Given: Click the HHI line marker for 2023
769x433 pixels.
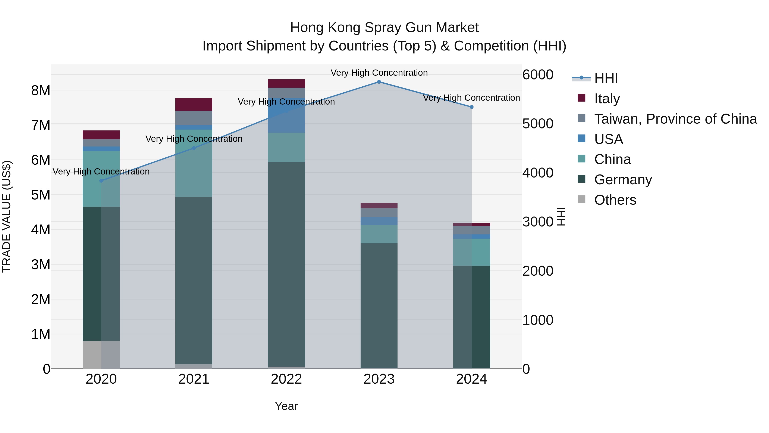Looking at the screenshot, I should point(379,82).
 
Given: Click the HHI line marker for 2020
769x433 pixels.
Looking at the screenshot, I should point(101,181).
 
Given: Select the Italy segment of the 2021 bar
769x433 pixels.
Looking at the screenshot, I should point(194,104).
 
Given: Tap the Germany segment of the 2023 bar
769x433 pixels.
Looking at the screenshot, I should point(379,305).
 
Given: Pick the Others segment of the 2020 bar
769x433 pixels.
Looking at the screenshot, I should point(101,355).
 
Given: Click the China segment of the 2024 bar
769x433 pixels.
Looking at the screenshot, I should point(472,252).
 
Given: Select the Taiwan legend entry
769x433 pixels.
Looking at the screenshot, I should point(675,119).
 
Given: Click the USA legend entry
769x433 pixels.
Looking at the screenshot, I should point(608,139).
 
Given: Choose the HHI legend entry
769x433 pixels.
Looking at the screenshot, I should point(606,78).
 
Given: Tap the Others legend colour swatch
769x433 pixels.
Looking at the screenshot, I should point(581,199).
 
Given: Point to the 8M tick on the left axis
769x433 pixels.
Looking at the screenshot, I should point(41,90).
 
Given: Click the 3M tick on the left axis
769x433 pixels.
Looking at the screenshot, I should point(41,265).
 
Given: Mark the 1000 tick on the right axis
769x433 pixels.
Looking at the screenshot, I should point(538,320).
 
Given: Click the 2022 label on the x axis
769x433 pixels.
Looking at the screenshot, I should point(286,379).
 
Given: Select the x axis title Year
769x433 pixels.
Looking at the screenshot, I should point(286,406).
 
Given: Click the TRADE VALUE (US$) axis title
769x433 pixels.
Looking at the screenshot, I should point(7,216).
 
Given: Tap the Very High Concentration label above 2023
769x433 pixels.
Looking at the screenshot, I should point(379,73).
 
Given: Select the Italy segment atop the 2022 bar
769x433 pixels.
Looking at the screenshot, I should point(286,83).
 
